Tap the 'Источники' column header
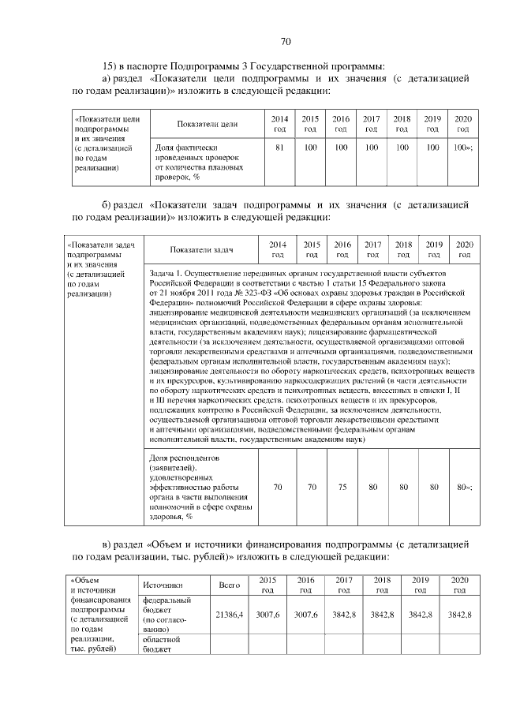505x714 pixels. (163, 585)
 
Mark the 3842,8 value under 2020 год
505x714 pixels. (459, 614)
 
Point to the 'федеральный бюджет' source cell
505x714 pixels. (163, 615)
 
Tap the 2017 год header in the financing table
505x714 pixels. (343, 585)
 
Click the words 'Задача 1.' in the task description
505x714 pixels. (166, 272)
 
